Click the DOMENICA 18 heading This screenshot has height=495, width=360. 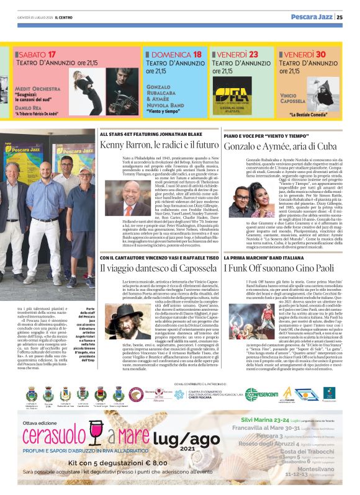point(173,55)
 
